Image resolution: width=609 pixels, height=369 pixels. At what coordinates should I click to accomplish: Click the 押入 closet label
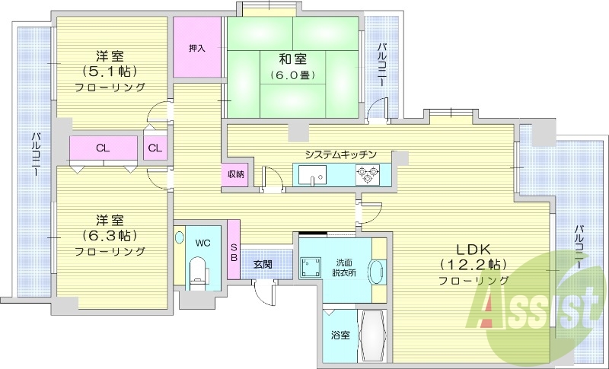[196, 47]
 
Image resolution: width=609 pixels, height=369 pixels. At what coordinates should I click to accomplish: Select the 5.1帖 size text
[110, 72]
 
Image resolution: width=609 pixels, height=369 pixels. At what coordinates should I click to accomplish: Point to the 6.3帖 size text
[110, 234]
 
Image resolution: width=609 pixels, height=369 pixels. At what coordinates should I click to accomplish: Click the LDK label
[473, 249]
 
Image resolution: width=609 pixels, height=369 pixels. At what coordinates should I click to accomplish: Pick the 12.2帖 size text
[473, 265]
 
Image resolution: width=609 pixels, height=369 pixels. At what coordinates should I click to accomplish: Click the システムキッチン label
[340, 154]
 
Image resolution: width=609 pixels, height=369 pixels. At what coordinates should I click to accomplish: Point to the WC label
[202, 243]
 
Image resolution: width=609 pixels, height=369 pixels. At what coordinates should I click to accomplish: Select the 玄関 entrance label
[263, 264]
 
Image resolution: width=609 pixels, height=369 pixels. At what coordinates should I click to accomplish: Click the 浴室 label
[340, 335]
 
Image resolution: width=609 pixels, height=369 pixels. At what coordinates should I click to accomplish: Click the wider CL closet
[100, 148]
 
